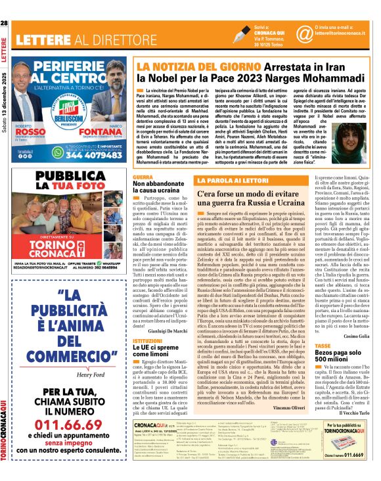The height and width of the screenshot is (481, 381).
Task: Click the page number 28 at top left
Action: (5, 6)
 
